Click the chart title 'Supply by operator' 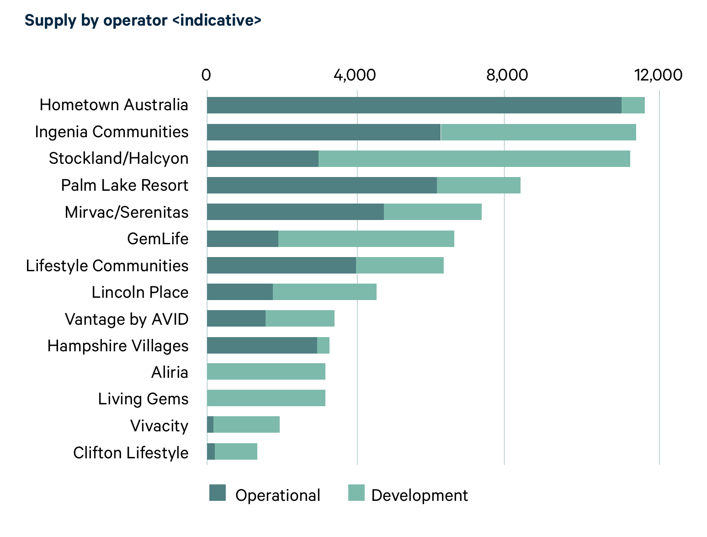[143, 21]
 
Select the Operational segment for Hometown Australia [414, 105]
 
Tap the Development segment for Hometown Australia [633, 105]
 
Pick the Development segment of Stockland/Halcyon [474, 159]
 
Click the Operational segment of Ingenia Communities [324, 132]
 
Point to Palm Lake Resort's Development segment [478, 185]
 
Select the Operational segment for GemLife [243, 239]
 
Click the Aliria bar [266, 371]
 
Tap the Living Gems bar [266, 398]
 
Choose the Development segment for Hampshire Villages [323, 345]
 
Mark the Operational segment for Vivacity [210, 424]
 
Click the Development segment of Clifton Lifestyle [236, 451]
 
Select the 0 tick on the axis [206, 75]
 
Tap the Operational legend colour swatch [218, 493]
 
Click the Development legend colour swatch [356, 493]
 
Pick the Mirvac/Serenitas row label [127, 212]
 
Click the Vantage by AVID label [127, 319]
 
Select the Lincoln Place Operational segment [240, 292]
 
